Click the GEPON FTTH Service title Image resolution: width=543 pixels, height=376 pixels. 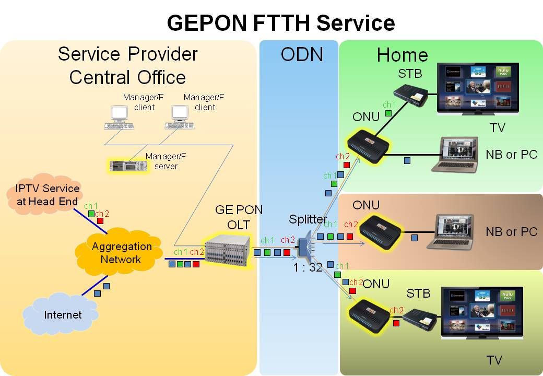coord(280,23)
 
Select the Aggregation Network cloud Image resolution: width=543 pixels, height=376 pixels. coord(121,253)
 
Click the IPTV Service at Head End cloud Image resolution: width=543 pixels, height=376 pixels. coord(47,194)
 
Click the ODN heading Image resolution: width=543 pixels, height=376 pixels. coord(301,55)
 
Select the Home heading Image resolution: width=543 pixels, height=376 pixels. coord(402,55)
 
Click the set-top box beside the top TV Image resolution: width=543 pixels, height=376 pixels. coord(410,95)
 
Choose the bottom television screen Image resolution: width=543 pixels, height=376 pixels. coord(482,310)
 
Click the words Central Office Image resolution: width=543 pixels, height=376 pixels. coord(127,78)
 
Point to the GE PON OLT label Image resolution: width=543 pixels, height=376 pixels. coord(239,217)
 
